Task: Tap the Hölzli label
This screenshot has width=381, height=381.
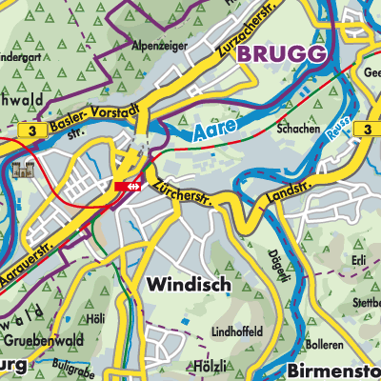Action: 211,367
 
